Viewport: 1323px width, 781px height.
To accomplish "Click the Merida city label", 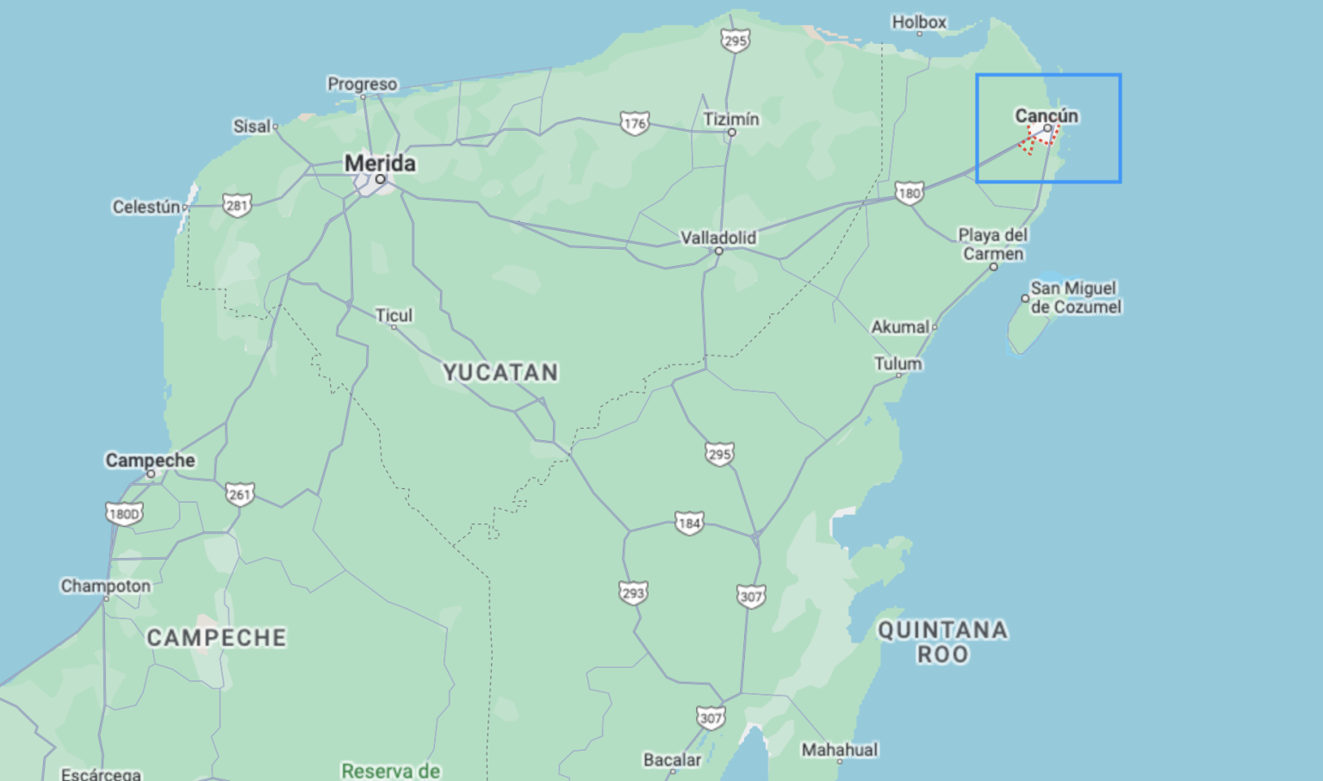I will (x=380, y=163).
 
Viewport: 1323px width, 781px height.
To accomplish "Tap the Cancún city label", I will (x=1046, y=115).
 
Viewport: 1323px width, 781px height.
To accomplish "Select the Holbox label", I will (x=918, y=22).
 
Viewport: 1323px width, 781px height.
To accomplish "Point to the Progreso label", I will (x=362, y=84).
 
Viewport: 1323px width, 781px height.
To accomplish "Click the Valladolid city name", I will (x=717, y=238).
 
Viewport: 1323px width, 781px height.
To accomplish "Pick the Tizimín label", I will (x=730, y=119).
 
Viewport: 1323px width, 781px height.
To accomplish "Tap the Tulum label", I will (x=898, y=363).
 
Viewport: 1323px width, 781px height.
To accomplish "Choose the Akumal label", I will (x=899, y=327).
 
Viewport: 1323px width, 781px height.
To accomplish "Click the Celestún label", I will (x=146, y=207).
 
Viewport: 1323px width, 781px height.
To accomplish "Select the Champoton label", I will (x=105, y=586).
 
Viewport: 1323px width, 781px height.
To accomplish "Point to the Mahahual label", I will (x=839, y=750).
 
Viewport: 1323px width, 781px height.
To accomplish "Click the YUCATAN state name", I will (x=500, y=373).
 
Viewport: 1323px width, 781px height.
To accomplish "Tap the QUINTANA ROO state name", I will (x=942, y=642).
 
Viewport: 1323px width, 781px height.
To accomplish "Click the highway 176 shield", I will (x=634, y=123).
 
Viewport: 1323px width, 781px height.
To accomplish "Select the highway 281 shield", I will (x=236, y=205).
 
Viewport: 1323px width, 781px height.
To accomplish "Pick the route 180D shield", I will (x=123, y=514).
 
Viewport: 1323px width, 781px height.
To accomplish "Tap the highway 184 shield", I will (x=688, y=523).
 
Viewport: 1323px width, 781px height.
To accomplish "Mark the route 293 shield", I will (x=632, y=592).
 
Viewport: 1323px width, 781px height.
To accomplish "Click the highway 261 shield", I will (x=239, y=494).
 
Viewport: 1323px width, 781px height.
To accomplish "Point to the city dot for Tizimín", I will (x=731, y=133).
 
